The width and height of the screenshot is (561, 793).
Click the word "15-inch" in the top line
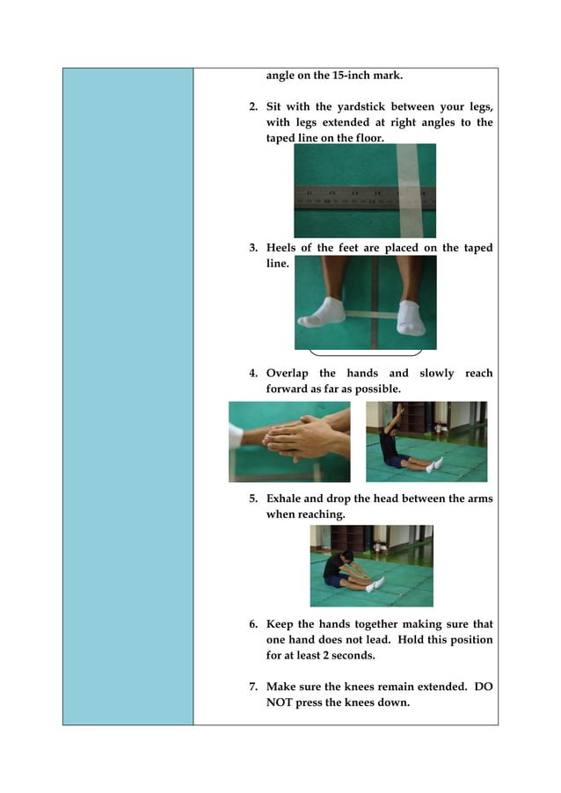pos(341,76)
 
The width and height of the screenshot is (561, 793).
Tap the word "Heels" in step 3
pos(283,248)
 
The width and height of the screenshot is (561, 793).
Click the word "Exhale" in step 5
pos(286,499)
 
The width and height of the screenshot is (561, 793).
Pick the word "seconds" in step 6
pos(373,655)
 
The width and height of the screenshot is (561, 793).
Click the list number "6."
pos(254,624)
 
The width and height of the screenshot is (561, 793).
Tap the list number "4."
pos(254,374)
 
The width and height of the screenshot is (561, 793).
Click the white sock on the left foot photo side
pos(323,311)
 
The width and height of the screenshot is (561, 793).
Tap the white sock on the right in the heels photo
pos(410,316)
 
